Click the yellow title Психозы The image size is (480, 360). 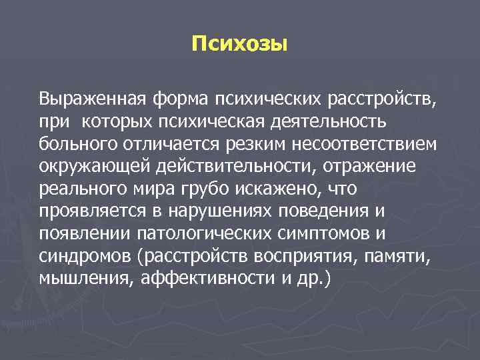[239, 45]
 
